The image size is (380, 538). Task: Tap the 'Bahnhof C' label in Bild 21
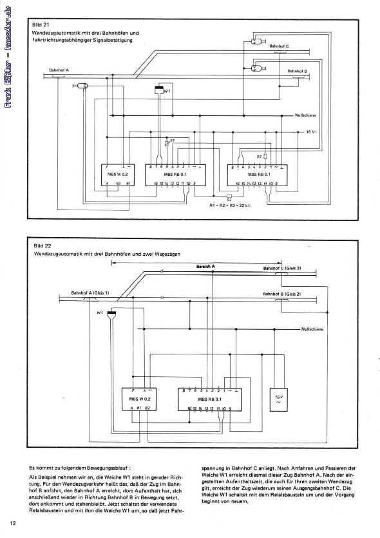[x=283, y=47]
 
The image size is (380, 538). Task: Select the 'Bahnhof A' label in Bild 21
[x=59, y=70]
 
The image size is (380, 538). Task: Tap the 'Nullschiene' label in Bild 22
[x=314, y=329]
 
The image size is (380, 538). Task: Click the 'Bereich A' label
[x=205, y=266]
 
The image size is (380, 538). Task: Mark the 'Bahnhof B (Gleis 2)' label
[x=282, y=293]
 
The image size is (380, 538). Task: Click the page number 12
[x=13, y=522]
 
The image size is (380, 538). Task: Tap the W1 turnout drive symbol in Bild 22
[x=112, y=313]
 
